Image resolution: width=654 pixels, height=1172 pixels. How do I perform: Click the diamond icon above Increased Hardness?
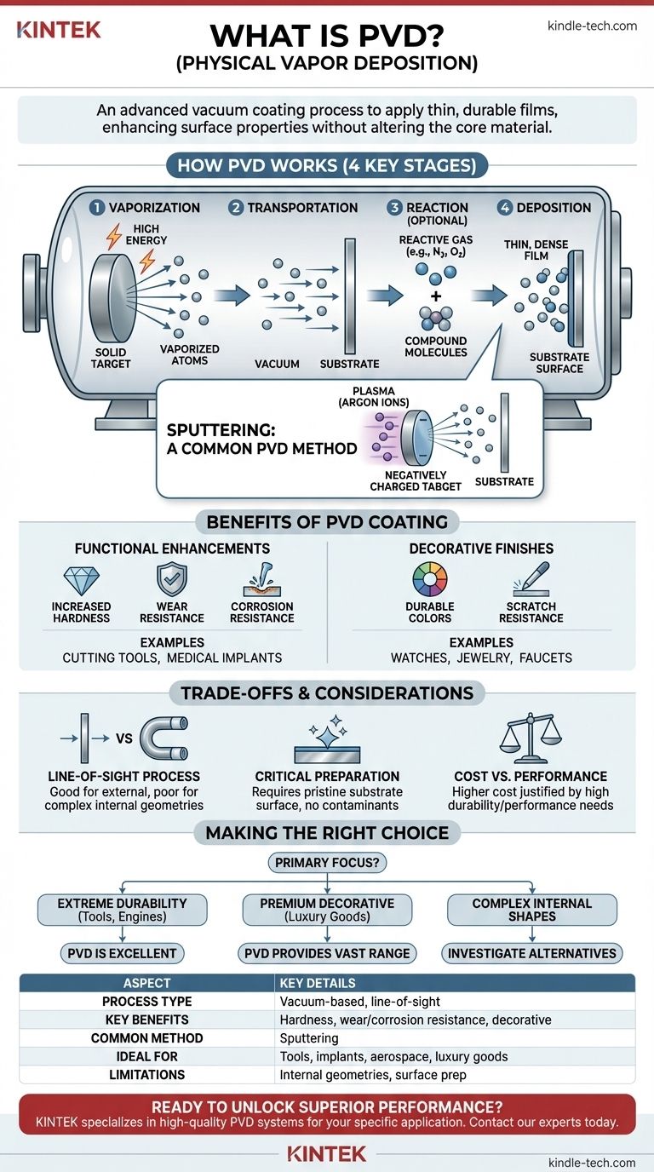[x=81, y=581]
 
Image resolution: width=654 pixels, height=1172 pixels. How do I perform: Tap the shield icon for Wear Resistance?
[x=172, y=580]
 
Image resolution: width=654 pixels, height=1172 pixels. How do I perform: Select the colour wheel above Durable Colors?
[x=430, y=579]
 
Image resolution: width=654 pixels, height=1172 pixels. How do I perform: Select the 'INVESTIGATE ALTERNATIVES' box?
[x=532, y=952]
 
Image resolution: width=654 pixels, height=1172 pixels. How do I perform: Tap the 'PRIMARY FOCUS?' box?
[x=326, y=863]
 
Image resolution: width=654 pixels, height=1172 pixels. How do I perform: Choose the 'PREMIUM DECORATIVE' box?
[x=326, y=910]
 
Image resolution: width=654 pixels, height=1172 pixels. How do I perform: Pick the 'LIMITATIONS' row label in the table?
[x=146, y=1074]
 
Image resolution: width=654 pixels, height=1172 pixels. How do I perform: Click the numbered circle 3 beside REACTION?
[x=394, y=208]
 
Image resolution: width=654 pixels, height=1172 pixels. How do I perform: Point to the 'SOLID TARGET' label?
[x=111, y=358]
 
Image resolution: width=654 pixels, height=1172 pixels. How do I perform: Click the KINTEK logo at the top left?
[x=59, y=30]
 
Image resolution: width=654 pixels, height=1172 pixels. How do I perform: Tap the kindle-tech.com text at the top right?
[x=592, y=26]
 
